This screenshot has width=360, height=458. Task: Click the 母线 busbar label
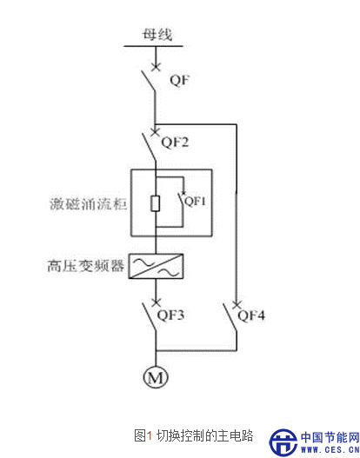157,34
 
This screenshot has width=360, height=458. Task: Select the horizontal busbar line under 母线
153,46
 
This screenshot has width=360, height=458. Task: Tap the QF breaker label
180,80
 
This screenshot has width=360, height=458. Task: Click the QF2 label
175,143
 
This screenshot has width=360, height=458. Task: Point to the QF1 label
196,201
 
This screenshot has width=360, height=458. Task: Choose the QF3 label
170,315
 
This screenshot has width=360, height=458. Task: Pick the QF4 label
251,315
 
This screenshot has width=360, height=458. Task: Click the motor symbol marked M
156,377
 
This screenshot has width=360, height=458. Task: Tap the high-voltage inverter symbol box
156,266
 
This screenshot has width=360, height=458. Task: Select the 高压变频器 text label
86,266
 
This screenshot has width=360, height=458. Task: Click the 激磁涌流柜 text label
89,203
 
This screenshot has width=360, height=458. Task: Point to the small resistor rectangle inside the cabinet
155,203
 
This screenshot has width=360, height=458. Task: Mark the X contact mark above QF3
156,302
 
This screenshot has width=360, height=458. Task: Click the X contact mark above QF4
237,304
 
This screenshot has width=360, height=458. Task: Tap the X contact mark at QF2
155,132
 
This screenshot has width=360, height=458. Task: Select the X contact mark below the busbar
156,68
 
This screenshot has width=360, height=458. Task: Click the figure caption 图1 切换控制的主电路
193,435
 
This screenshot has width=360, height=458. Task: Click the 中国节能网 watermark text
330,437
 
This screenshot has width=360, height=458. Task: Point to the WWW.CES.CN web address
330,450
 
